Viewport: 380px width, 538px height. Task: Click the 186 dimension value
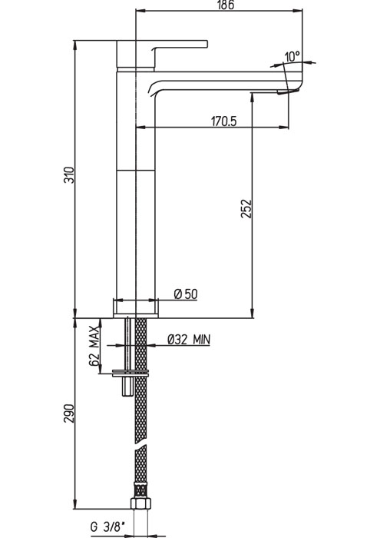pyautogui.click(x=226, y=5)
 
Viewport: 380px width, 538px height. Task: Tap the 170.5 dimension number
pyautogui.click(x=223, y=121)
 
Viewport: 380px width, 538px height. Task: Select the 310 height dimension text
pyautogui.click(x=69, y=175)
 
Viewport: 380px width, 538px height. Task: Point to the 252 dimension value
pyautogui.click(x=246, y=208)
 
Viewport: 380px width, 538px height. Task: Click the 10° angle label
pyautogui.click(x=292, y=56)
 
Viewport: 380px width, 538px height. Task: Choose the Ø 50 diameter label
pyautogui.click(x=186, y=294)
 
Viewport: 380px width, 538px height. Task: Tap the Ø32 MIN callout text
pyautogui.click(x=189, y=340)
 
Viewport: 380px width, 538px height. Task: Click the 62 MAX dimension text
pyautogui.click(x=94, y=347)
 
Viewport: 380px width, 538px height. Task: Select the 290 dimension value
pyautogui.click(x=69, y=413)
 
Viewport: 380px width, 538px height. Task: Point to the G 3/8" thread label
pyautogui.click(x=107, y=526)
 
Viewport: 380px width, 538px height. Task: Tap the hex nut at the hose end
pyautogui.click(x=140, y=503)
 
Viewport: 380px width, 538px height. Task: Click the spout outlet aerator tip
pyautogui.click(x=288, y=91)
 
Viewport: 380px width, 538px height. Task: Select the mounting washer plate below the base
pyautogui.click(x=131, y=374)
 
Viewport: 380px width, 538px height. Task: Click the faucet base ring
pyautogui.click(x=136, y=307)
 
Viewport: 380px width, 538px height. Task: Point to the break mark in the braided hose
pyautogui.click(x=140, y=445)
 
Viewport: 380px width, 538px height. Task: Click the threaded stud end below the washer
pyautogui.click(x=127, y=387)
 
